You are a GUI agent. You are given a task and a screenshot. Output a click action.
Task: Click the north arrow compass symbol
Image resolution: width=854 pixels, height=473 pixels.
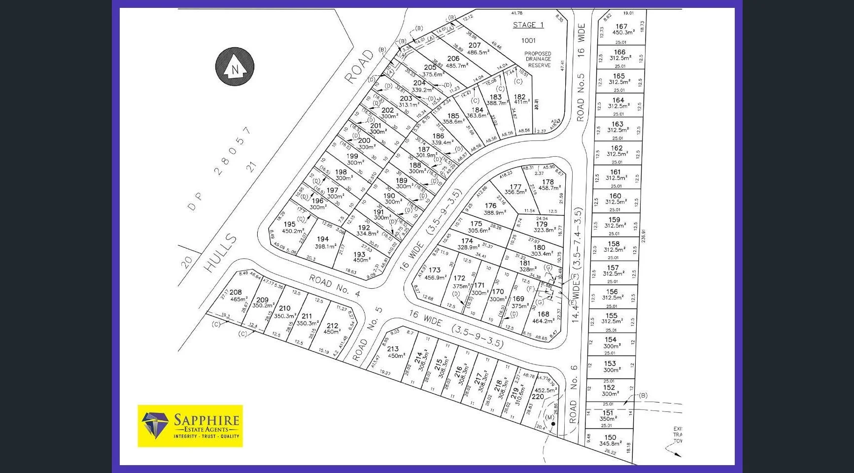pyautogui.click(x=235, y=67)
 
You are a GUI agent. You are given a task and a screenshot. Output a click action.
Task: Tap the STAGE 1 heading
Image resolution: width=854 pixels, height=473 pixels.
pyautogui.click(x=528, y=25)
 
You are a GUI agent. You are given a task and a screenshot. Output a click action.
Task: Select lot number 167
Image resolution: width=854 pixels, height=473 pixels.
pyautogui.click(x=621, y=27)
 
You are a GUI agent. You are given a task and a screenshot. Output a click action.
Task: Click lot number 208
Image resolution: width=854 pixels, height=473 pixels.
pyautogui.click(x=236, y=292)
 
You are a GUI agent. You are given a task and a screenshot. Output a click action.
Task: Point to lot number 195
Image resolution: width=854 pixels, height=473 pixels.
pyautogui.click(x=290, y=224)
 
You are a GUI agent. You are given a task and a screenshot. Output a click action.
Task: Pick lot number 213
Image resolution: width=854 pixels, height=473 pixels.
pyautogui.click(x=392, y=349)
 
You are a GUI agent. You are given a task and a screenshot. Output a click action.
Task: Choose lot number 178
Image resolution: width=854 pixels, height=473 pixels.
pyautogui.click(x=548, y=182)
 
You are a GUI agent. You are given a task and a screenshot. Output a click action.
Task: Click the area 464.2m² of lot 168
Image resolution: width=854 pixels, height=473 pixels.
pyautogui.click(x=543, y=321)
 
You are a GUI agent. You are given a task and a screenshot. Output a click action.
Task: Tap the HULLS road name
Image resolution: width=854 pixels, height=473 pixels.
pyautogui.click(x=221, y=253)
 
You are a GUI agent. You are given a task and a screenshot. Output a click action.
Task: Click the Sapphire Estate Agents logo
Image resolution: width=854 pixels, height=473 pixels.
pyautogui.click(x=190, y=426)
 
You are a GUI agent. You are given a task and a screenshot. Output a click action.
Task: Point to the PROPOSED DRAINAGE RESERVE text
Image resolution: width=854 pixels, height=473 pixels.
pyautogui.click(x=538, y=59)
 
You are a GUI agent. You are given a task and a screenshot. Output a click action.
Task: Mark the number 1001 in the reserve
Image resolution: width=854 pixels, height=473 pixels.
pyautogui.click(x=528, y=40)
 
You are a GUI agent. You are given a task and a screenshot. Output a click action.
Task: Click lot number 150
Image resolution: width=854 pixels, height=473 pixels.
pyautogui.click(x=610, y=437)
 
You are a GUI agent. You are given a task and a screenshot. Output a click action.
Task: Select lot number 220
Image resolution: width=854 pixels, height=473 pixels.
pyautogui.click(x=538, y=397)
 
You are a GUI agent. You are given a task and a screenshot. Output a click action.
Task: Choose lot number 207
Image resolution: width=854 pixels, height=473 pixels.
pyautogui.click(x=475, y=45)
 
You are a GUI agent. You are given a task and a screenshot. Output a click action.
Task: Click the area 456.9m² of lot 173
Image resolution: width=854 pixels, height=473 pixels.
pyautogui.click(x=434, y=277)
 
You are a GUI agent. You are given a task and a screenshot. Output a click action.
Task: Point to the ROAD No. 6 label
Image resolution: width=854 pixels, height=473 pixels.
pyautogui.click(x=574, y=394)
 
